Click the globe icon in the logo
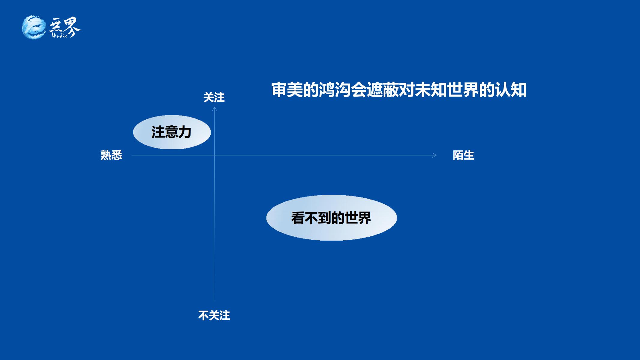34,27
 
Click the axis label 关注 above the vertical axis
214,97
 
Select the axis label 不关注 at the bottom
214,315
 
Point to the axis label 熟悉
111,155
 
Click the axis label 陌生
463,155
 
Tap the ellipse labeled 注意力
172,132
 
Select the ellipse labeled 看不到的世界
332,218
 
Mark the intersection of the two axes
214,155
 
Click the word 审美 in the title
287,90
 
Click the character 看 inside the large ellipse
298,218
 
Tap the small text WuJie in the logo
60,35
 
